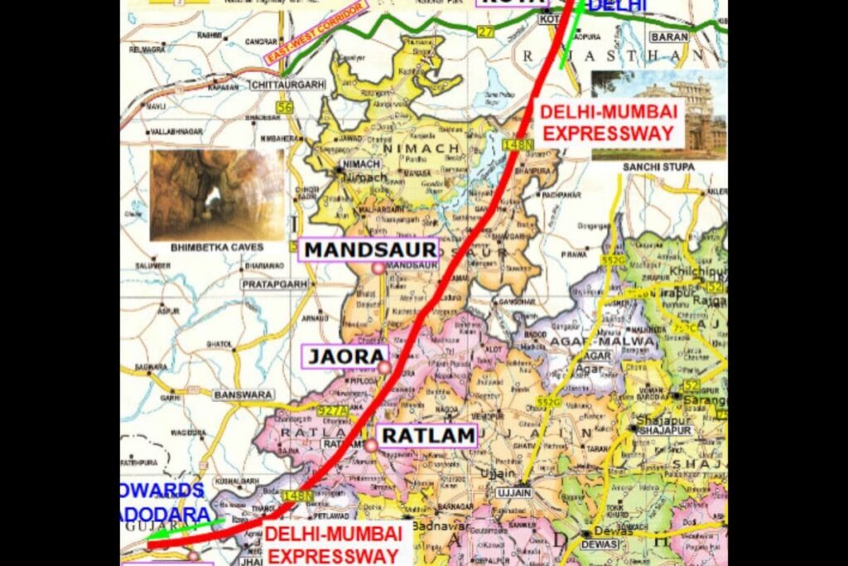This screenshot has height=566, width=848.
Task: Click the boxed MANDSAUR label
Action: [x=369, y=249]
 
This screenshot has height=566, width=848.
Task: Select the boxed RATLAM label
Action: [x=427, y=435]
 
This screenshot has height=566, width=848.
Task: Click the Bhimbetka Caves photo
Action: [x=217, y=194]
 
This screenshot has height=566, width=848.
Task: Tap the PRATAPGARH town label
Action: [x=275, y=284]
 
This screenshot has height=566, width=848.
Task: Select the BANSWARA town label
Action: [x=237, y=395]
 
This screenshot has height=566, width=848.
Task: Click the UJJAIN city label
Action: [x=513, y=492]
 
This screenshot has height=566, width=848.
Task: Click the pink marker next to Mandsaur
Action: [x=378, y=268]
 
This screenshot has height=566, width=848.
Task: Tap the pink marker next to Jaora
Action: [x=383, y=367]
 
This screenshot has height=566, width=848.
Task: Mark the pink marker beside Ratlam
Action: [x=370, y=446]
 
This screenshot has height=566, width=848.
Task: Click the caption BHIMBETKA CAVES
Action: [x=216, y=248]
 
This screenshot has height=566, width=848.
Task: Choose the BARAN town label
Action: [x=669, y=37]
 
